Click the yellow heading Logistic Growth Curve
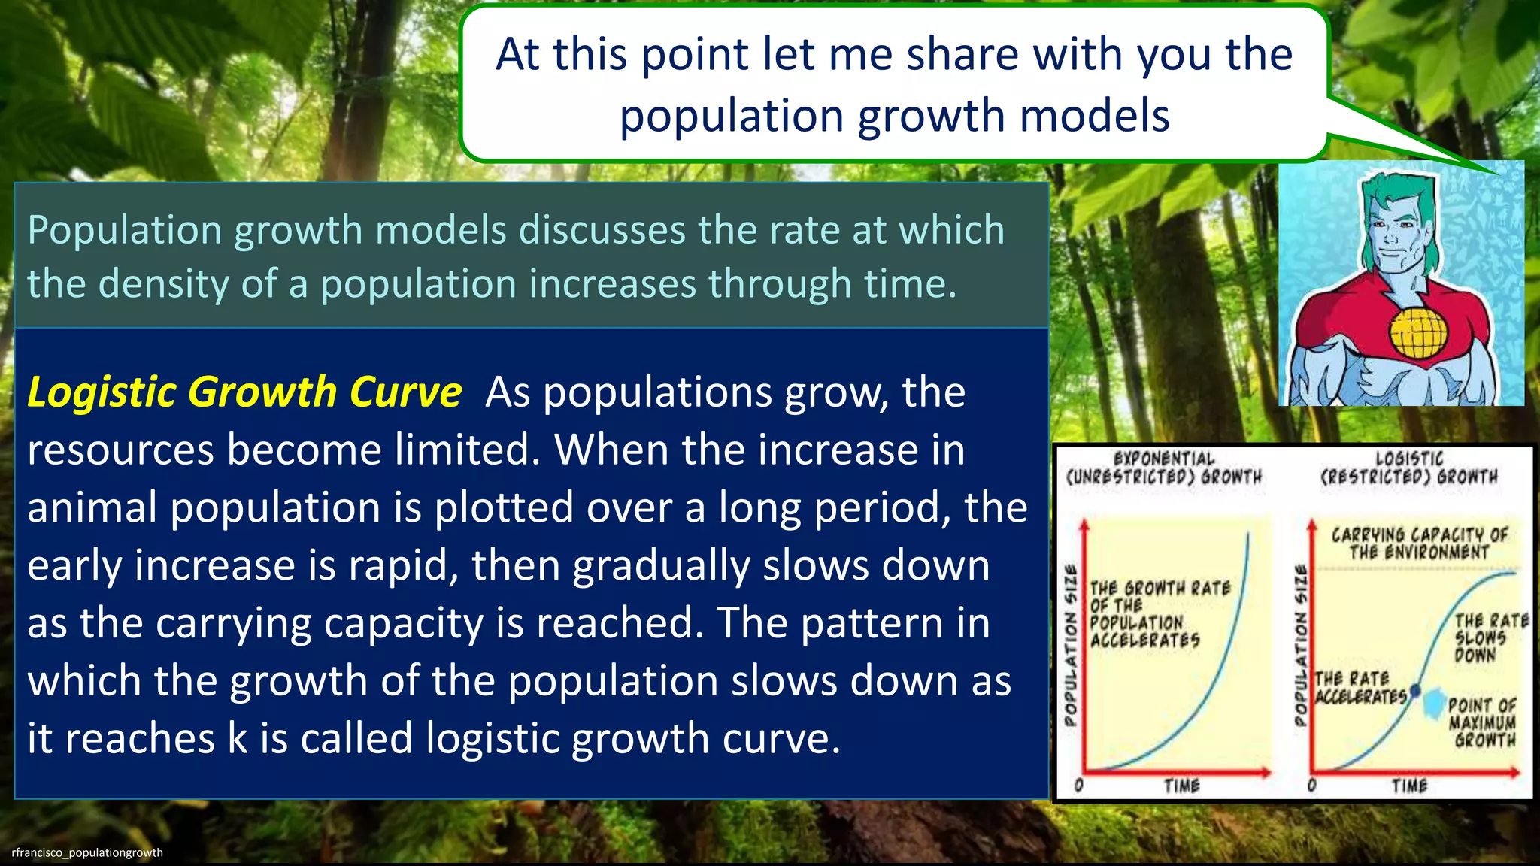click(x=244, y=392)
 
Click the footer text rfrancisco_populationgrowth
click(x=87, y=852)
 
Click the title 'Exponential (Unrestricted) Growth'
click(x=1164, y=468)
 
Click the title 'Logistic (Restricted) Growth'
click(x=1409, y=468)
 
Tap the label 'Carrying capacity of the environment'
click(x=1419, y=544)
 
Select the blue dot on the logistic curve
click(x=1416, y=689)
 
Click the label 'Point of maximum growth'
click(x=1483, y=722)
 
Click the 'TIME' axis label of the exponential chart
click(x=1182, y=786)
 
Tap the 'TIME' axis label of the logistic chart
click(x=1409, y=786)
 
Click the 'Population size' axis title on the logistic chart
click(x=1301, y=646)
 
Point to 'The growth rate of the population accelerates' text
click(x=1159, y=613)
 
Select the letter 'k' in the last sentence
click(x=237, y=738)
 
